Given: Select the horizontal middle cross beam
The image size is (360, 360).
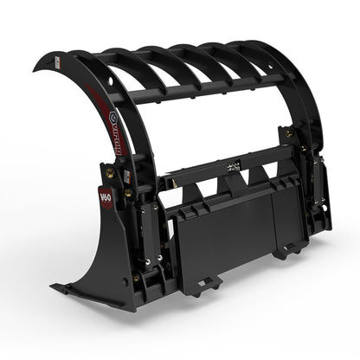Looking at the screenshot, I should [234, 173].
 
